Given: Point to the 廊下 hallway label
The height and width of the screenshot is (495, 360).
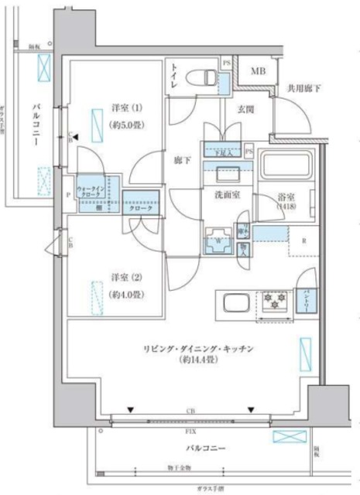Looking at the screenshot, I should tap(182, 162).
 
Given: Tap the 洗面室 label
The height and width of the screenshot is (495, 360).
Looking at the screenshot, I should tap(226, 195).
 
